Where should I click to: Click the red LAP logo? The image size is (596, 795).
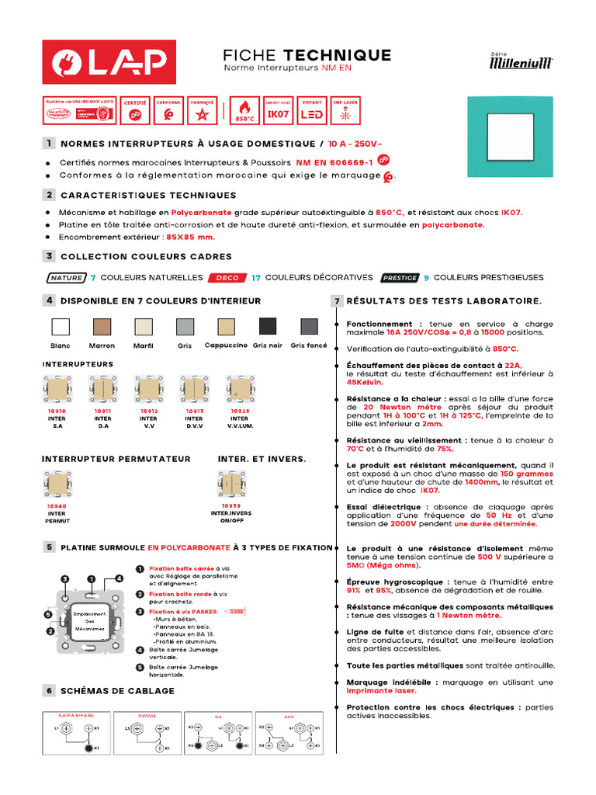108,61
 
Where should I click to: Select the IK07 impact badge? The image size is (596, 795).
279,111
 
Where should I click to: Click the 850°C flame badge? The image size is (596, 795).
244,111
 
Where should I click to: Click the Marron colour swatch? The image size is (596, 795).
102,326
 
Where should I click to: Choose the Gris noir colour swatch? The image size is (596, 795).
267,326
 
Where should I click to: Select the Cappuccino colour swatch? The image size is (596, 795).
226,326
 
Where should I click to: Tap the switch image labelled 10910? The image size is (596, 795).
57,389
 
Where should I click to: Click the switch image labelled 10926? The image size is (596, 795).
239,389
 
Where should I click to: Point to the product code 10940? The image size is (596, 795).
57,505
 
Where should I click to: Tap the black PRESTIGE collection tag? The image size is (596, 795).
399,277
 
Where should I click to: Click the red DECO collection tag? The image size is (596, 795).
227,277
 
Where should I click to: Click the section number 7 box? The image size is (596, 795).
337,300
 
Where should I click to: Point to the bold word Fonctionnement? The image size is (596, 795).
379,324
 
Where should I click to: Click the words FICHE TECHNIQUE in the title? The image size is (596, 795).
307,55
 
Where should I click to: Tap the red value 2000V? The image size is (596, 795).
383,524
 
